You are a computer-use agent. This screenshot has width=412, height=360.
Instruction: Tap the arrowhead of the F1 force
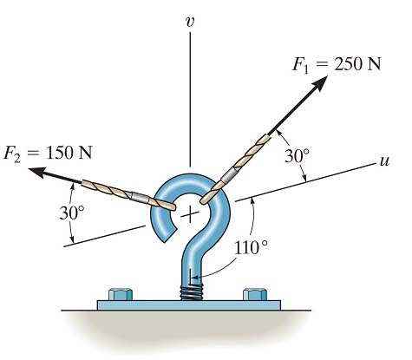320,83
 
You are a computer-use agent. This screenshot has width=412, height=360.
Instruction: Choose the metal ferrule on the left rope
140,197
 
